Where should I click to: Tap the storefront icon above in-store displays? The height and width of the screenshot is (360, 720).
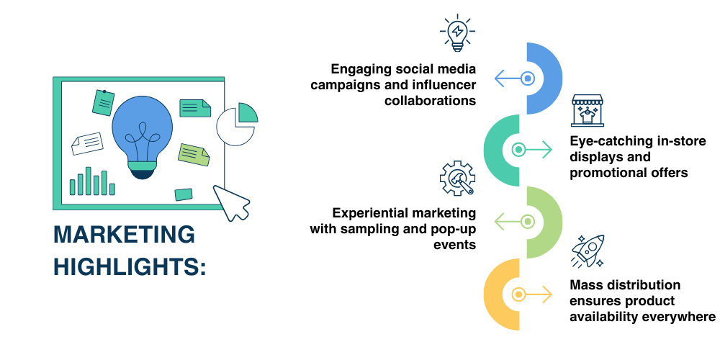tap(590, 110)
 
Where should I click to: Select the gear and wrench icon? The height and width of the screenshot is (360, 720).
tap(457, 179)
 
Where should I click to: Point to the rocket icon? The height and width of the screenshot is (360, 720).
tap(588, 250)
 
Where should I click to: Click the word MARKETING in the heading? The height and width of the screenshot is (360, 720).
tap(125, 235)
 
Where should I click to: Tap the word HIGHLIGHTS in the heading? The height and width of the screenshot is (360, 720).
tap(130, 267)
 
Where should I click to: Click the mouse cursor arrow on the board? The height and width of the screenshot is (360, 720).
tap(231, 202)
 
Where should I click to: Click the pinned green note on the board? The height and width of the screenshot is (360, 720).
tap(103, 103)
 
